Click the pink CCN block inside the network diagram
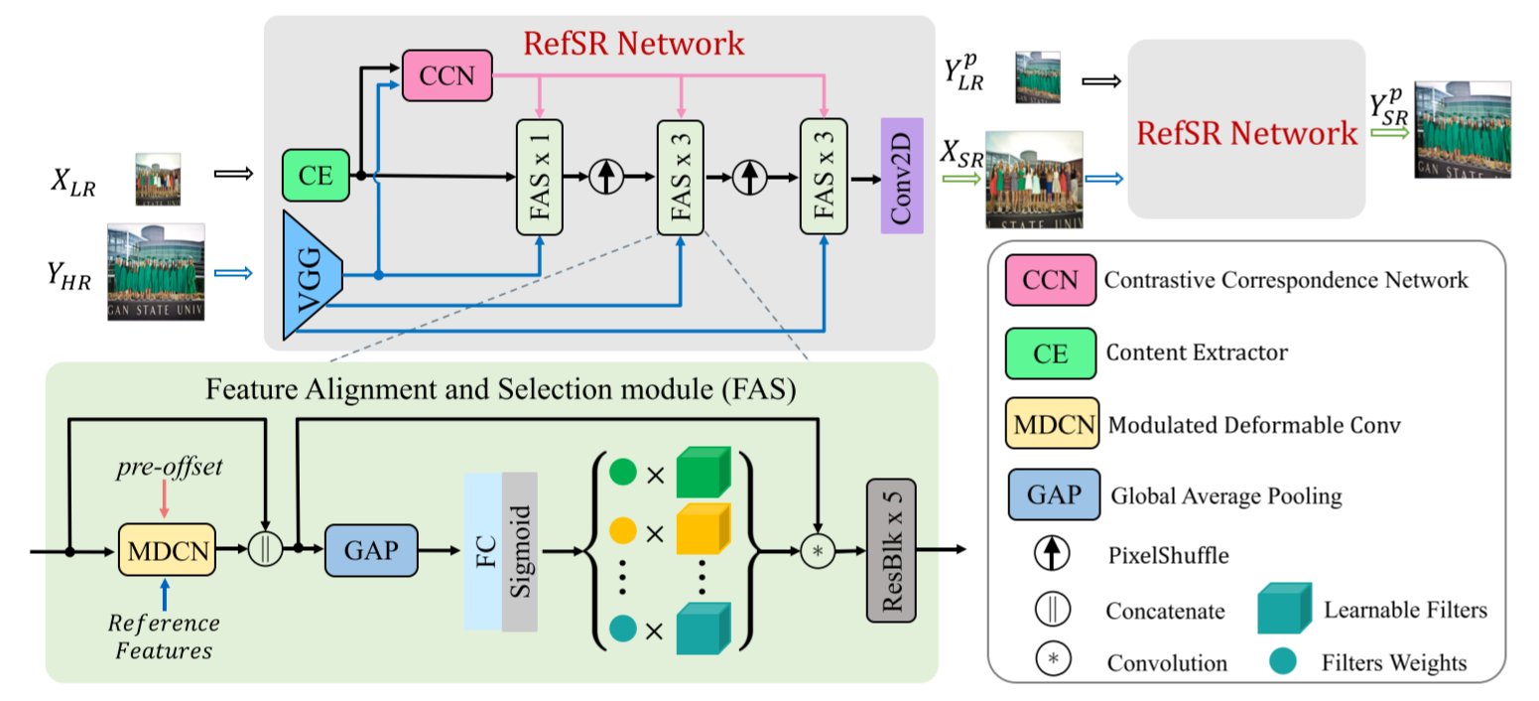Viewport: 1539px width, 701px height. (447, 75)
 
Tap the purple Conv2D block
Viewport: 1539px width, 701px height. (902, 176)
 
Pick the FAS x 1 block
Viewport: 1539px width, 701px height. (541, 177)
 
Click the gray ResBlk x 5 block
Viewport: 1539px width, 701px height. (891, 550)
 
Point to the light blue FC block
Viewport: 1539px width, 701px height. (483, 551)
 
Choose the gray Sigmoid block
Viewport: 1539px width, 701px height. (520, 551)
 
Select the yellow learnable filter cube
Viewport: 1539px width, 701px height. (703, 530)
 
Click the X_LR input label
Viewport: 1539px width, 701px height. (73, 185)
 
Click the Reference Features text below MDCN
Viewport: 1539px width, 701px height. (165, 636)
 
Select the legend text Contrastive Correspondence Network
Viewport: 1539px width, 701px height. (1286, 280)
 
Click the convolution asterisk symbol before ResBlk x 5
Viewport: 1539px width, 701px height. (819, 550)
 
